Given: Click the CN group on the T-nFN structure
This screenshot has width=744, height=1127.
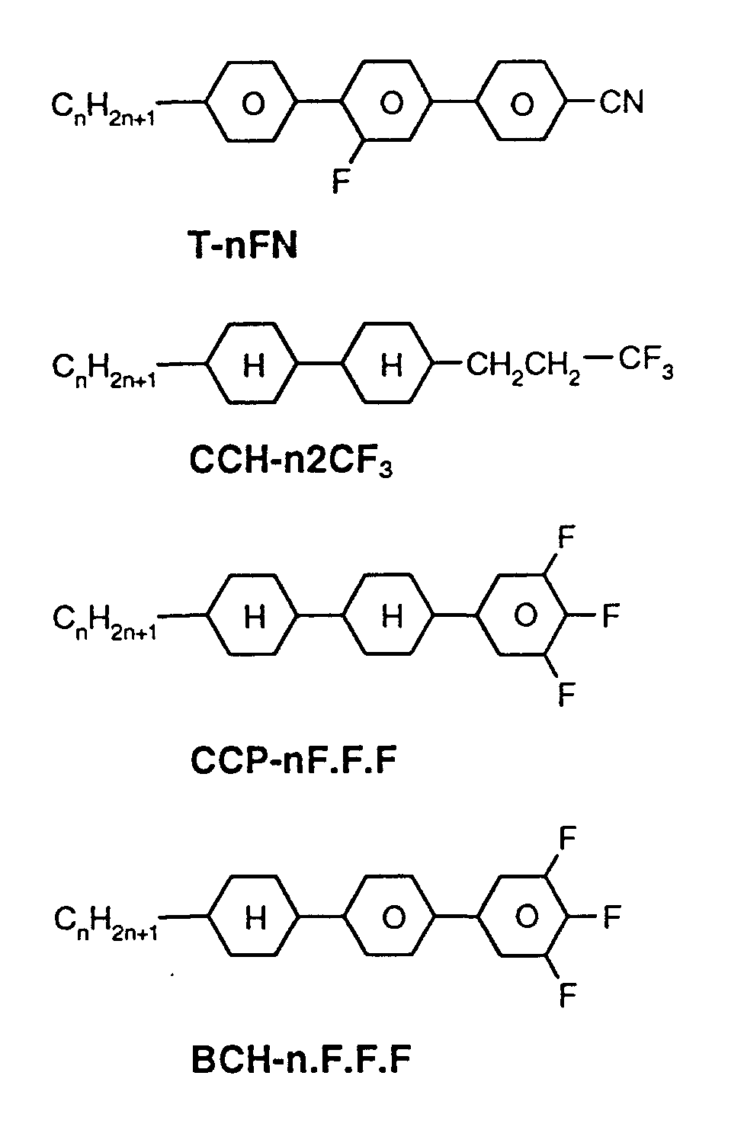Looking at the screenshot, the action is tap(621, 101).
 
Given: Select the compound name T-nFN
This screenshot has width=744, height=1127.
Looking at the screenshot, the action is tap(242, 246).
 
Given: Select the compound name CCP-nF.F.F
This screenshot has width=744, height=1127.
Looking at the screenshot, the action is tap(293, 760).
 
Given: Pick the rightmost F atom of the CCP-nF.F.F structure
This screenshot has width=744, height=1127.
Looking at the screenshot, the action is tap(611, 615).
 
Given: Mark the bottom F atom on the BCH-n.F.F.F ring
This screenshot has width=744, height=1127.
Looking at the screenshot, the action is tap(567, 993).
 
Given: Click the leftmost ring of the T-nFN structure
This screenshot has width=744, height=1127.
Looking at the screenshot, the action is tap(252, 102).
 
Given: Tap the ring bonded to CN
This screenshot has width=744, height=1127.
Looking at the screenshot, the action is tap(522, 102).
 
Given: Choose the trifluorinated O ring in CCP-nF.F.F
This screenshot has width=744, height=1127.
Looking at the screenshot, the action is tap(524, 615).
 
